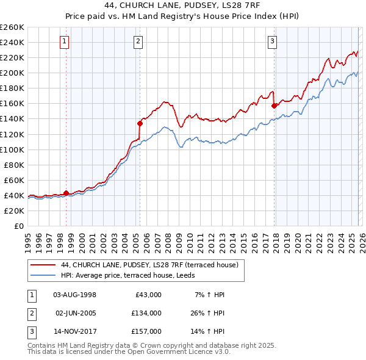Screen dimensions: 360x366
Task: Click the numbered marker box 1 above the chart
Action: click(x=65, y=41)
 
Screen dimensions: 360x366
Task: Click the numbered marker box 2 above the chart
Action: click(x=139, y=41)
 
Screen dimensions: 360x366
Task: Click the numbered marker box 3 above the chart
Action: click(x=273, y=41)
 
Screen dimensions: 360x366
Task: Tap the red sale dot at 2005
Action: click(x=140, y=123)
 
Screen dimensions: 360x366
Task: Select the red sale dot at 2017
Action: click(x=274, y=106)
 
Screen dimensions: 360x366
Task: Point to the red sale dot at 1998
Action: click(x=66, y=193)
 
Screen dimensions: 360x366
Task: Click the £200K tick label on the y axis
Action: click(x=12, y=73)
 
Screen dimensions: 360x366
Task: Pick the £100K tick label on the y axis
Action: click(x=12, y=149)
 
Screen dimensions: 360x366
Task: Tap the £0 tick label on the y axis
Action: click(x=19, y=226)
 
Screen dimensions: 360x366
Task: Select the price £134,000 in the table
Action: click(x=146, y=313)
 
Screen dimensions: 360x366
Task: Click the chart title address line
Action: click(x=182, y=7)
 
